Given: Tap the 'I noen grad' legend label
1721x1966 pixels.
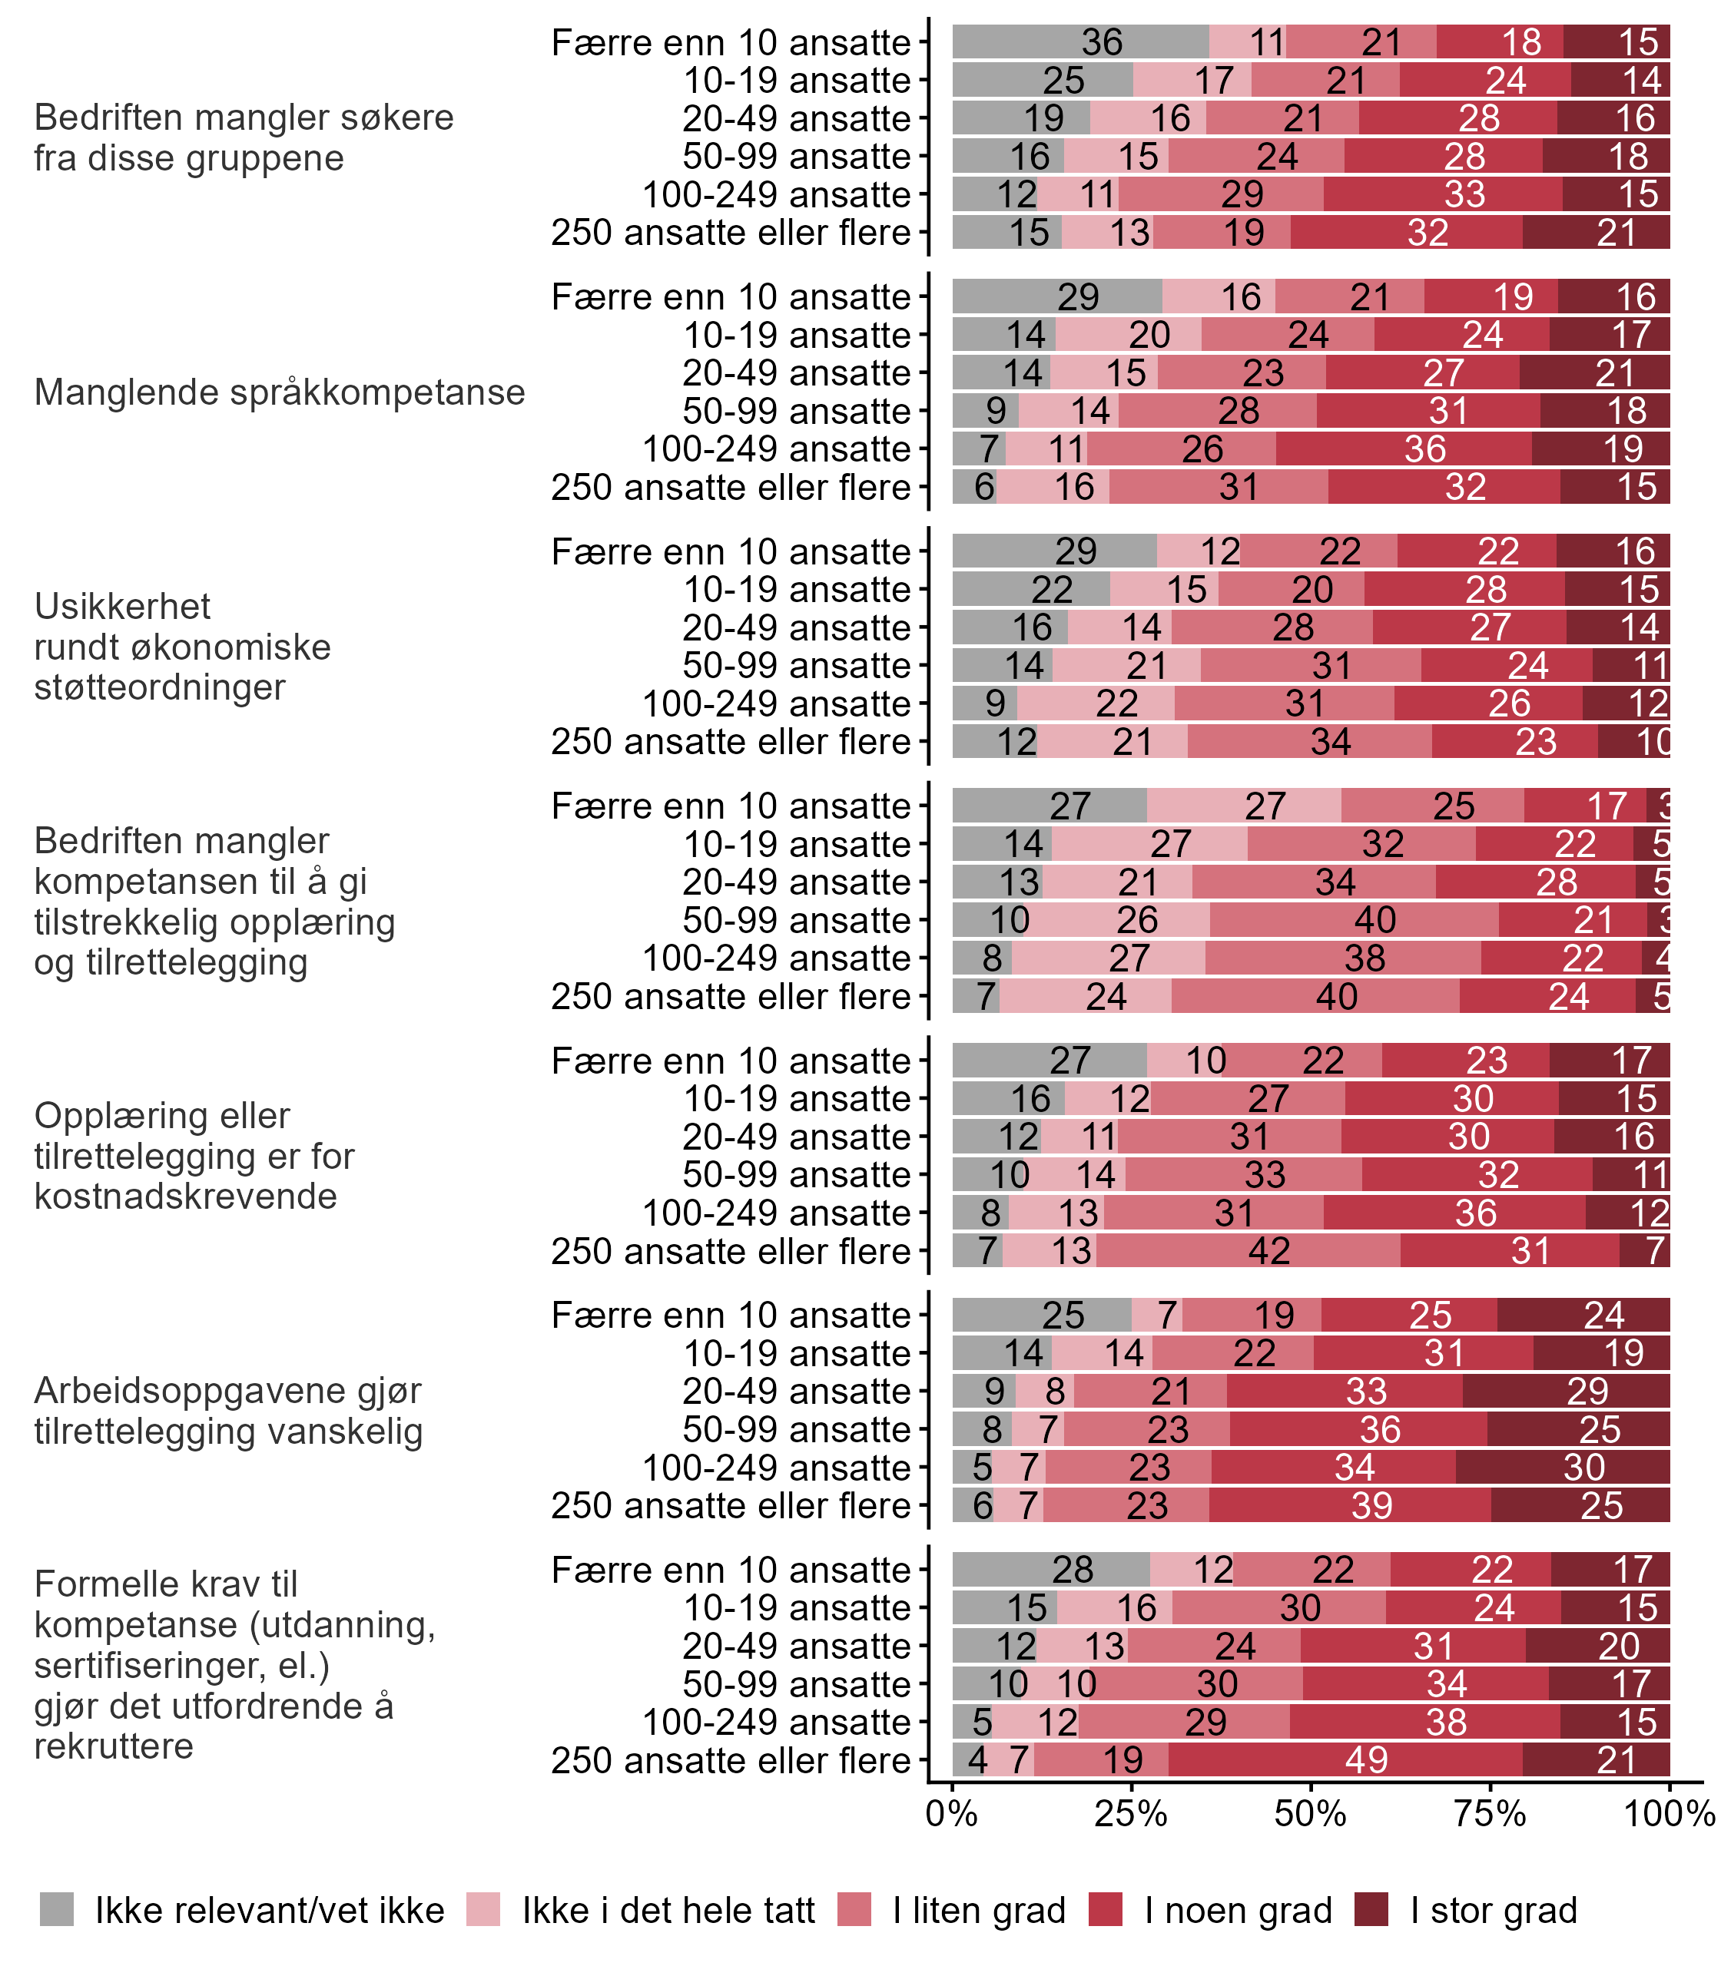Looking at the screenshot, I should (1238, 1911).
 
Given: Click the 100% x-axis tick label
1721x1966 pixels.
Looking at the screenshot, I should (1669, 1813).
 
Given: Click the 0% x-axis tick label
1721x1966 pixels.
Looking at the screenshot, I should (952, 1813).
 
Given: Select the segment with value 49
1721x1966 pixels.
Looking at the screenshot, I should (1345, 1759).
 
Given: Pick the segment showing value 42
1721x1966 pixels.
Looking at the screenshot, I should (1248, 1251).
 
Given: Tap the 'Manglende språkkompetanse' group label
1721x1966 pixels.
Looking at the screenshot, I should (280, 392).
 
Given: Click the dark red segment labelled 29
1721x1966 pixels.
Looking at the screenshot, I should (1566, 1391).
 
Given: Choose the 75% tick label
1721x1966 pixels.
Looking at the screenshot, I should (1491, 1813).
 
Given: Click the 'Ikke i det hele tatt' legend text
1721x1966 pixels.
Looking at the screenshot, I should (668, 1911).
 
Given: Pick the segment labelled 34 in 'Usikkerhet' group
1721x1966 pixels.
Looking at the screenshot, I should (1309, 742).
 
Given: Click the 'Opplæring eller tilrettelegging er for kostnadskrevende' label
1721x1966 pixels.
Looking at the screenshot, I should (194, 1156).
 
